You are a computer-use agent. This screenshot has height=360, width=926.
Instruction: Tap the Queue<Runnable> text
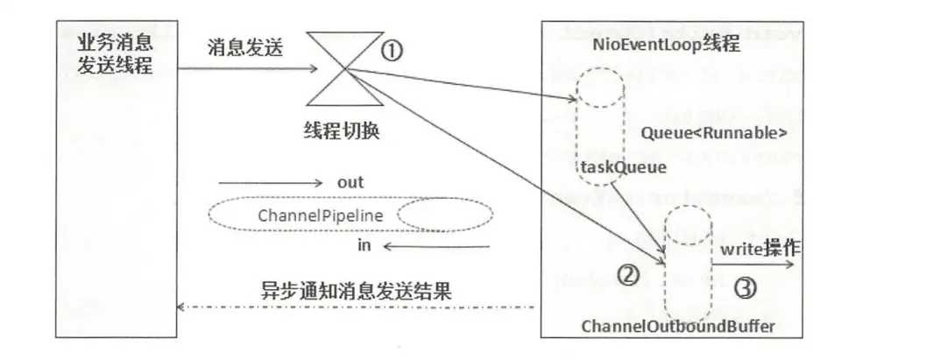coord(714,134)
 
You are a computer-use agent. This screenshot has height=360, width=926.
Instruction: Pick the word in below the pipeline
coord(364,246)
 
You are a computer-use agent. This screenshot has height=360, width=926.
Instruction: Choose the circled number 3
coord(743,287)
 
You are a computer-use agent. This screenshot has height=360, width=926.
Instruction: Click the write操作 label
coord(760,250)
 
